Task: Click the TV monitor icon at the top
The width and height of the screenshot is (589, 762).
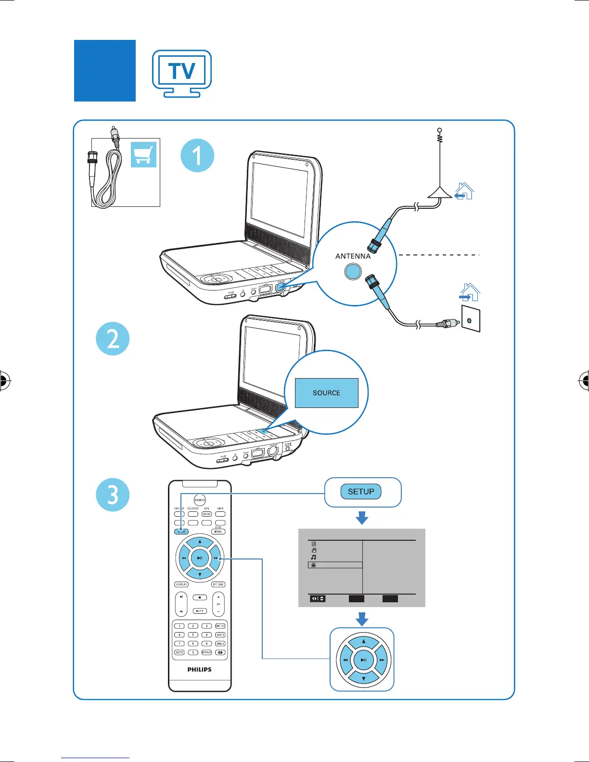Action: (182, 73)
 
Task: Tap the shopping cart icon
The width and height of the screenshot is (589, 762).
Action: (143, 154)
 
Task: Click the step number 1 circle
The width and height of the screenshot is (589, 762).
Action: (197, 155)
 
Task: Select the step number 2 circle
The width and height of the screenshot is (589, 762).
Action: (113, 339)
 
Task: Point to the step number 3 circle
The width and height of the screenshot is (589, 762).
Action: (113, 495)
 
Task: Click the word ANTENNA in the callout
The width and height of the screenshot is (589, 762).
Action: (353, 256)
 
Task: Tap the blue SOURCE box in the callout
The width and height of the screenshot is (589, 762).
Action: (326, 393)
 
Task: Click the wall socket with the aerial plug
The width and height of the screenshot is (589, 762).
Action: (470, 320)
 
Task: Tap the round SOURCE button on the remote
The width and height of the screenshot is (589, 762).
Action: (200, 500)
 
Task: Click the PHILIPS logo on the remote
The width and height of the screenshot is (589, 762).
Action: (200, 669)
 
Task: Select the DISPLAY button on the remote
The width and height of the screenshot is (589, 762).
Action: (181, 584)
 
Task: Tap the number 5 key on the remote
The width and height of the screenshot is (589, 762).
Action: (193, 635)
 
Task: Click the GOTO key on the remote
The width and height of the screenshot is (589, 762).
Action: (179, 652)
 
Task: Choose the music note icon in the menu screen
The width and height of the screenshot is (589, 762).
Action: (314, 557)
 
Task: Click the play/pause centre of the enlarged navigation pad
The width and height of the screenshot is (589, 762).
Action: (364, 660)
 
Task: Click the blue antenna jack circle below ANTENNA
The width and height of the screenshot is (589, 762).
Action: (353, 272)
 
